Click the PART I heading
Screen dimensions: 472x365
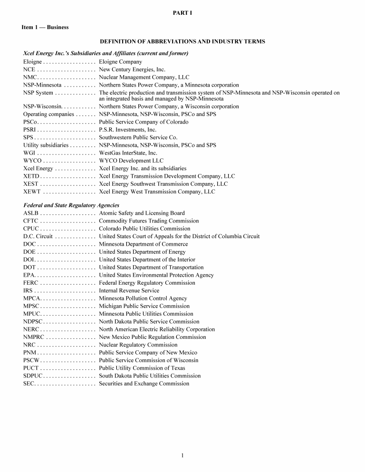click(x=182, y=13)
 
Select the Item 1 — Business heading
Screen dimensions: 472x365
click(x=45, y=27)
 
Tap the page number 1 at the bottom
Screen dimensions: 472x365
click(x=182, y=456)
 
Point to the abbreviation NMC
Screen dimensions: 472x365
click(x=30, y=77)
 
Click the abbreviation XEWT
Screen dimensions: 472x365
click(x=32, y=192)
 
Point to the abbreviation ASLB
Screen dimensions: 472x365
click(x=31, y=213)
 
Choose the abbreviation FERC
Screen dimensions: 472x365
click(x=31, y=283)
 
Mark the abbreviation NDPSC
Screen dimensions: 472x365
click(x=33, y=322)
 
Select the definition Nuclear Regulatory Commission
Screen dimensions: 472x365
click(x=138, y=345)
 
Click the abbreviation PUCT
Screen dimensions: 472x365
click(x=31, y=368)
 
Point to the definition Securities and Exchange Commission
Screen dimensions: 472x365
click(x=144, y=384)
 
